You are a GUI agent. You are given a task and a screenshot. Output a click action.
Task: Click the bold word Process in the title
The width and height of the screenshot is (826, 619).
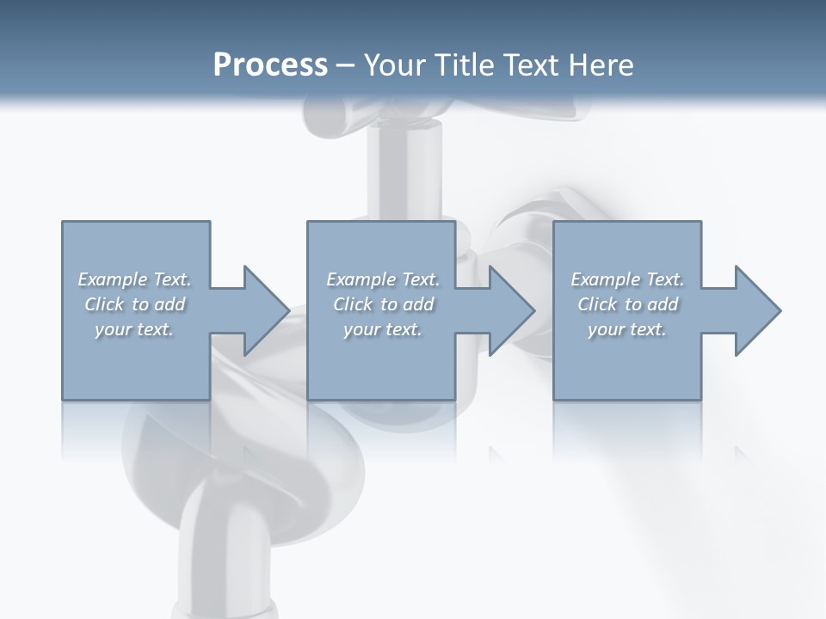(x=270, y=65)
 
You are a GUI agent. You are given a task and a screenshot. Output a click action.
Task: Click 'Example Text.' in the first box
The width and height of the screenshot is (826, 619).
(x=135, y=279)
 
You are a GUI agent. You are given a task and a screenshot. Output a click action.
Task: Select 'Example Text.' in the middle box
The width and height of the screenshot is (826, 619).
(x=383, y=279)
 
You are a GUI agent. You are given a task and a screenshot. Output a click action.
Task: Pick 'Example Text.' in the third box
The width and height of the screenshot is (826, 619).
(x=627, y=279)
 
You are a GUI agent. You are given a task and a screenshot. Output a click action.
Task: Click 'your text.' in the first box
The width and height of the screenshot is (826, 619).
(x=135, y=329)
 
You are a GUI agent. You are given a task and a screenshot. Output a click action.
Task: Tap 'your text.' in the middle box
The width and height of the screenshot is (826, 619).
(x=383, y=329)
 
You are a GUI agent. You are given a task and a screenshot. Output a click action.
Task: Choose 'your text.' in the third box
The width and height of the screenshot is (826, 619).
(x=627, y=329)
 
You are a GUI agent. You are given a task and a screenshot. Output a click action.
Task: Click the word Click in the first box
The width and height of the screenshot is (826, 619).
(x=104, y=304)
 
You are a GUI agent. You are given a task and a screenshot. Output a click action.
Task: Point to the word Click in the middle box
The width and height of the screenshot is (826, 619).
(x=353, y=304)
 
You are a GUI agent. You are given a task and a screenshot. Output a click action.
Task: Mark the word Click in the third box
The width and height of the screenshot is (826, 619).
(x=597, y=304)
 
